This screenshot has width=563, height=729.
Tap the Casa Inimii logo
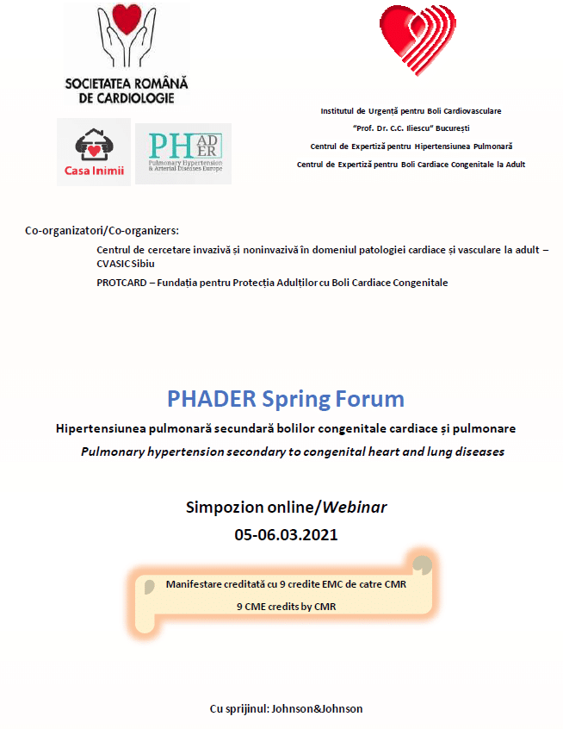click(93, 151)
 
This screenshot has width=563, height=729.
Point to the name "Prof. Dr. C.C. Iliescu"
click(387, 128)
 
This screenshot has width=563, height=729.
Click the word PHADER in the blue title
click(210, 399)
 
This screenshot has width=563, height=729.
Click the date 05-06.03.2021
click(286, 534)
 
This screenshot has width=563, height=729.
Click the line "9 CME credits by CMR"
click(286, 606)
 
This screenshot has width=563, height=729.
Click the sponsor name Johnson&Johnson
click(317, 708)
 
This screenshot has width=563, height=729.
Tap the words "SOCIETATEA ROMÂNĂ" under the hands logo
click(127, 84)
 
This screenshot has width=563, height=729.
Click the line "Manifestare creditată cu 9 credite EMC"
click(286, 583)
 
